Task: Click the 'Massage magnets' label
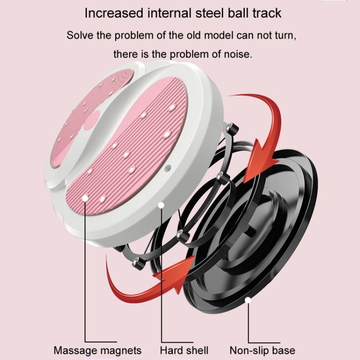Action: tap(97, 350)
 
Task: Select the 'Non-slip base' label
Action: tap(262, 350)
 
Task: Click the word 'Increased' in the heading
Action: tap(114, 13)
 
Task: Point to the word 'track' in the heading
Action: tap(264, 13)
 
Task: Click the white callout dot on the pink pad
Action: tap(85, 197)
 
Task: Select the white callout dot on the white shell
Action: tap(161, 205)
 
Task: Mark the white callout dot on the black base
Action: tap(248, 301)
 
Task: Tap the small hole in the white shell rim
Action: tap(168, 168)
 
